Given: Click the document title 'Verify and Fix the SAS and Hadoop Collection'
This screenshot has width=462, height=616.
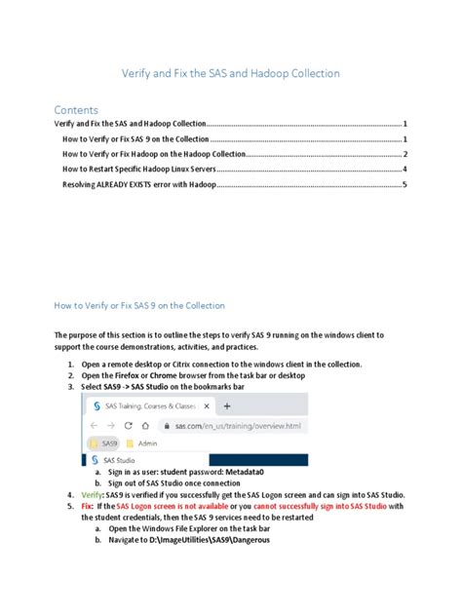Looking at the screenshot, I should coord(230,73).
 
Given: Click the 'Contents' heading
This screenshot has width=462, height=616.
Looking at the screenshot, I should coord(75,109).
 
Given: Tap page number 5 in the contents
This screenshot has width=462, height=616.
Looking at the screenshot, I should coord(404,183).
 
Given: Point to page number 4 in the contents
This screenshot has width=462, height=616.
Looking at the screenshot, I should coord(404,169).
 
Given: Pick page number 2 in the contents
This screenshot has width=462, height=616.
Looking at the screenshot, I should coord(404,154).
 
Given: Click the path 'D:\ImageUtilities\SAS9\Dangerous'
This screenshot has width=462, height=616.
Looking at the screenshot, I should coord(206,541).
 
